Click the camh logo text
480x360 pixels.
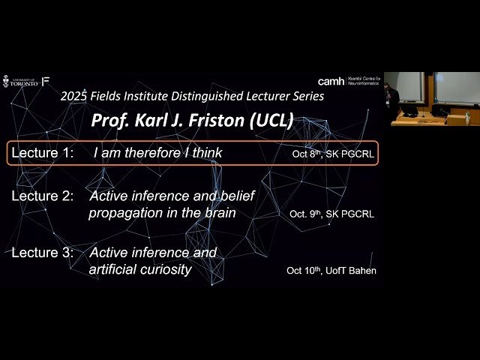[x=331, y=81]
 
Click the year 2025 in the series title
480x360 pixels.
[x=76, y=96]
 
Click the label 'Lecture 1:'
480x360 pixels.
[x=43, y=154]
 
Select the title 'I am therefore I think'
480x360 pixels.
[x=157, y=154]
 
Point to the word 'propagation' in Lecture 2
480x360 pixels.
[x=123, y=212]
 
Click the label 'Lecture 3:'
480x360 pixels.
[x=43, y=253]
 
